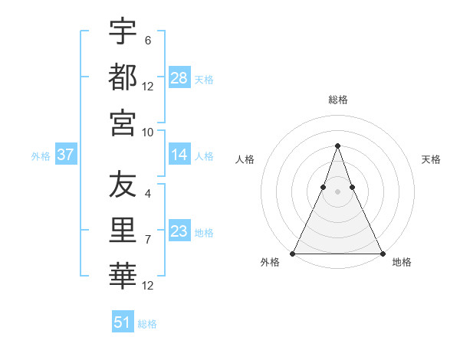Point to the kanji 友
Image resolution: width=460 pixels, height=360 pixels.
(123, 185)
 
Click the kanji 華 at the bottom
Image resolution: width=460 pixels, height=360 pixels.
(123, 275)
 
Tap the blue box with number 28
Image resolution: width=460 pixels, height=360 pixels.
(179, 78)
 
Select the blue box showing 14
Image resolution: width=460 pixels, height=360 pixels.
(179, 155)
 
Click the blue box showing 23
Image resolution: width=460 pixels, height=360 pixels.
(179, 231)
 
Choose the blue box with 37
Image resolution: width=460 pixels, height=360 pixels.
(66, 155)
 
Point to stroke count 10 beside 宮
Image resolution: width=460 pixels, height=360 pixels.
(148, 132)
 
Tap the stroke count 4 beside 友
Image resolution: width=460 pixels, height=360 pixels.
(148, 195)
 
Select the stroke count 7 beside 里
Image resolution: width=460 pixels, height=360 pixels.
(148, 240)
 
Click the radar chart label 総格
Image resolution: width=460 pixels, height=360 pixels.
(338, 100)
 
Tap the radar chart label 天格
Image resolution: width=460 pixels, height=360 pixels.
(431, 159)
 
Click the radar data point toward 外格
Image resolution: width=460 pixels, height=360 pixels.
(293, 253)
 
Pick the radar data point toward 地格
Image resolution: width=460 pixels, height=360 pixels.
(382, 253)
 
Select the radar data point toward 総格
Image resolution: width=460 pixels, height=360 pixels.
(337, 146)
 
